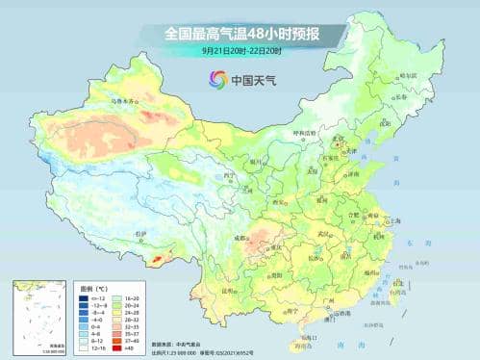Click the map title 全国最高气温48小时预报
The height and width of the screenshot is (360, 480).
click(x=240, y=33)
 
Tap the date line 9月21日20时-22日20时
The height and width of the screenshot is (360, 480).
click(x=240, y=50)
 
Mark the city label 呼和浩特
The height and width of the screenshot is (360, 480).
click(x=305, y=134)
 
